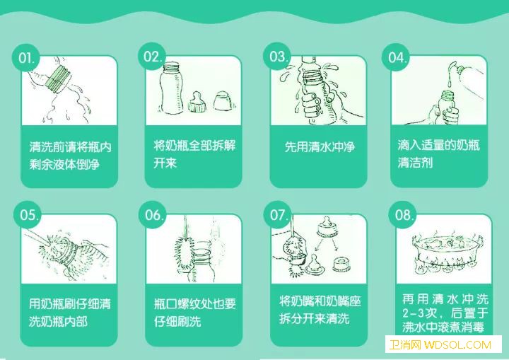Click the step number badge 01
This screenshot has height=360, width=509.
click(26, 59)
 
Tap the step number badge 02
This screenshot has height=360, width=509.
click(152, 56)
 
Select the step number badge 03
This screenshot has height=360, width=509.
click(277, 56)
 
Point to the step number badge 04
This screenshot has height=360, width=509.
click(396, 57)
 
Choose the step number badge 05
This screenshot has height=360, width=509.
click(28, 215)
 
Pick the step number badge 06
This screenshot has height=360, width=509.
click(153, 215)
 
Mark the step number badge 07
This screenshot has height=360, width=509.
click(278, 215)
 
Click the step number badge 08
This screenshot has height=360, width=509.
click(403, 215)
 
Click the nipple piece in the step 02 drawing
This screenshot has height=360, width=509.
click(197, 103)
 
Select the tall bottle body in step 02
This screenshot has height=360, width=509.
click(172, 88)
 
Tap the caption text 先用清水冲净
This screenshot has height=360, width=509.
click(320, 147)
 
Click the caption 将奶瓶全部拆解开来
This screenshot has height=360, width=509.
click(195, 154)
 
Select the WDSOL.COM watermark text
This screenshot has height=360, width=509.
click(457, 344)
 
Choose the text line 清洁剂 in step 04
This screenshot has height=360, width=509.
click(415, 163)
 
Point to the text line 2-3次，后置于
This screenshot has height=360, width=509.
click(445, 313)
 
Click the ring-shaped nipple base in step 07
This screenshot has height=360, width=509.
click(342, 265)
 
